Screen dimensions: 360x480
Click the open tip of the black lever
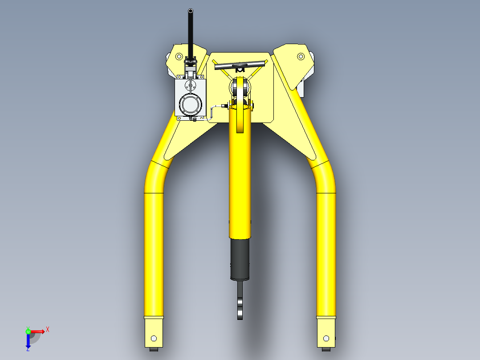pos(191,11)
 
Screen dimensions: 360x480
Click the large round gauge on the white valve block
pos(191,104)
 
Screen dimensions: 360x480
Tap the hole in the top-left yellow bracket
pos(179,56)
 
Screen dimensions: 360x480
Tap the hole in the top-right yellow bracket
pos(301,57)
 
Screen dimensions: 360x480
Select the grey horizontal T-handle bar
pos(240,65)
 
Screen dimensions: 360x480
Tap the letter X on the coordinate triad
pos(48,329)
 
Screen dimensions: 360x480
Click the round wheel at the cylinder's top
pos(240,87)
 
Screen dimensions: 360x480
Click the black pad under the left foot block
pos(155,350)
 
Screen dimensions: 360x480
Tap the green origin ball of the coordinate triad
pos(28,331)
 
